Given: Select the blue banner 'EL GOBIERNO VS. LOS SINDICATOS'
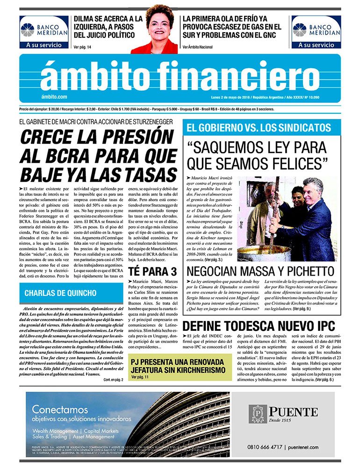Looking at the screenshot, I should tap(259, 128).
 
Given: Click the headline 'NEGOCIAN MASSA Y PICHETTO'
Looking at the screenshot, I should tap(260, 271).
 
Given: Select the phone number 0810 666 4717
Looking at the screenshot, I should tap(265, 447).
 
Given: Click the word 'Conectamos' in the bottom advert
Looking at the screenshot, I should tap(60, 409).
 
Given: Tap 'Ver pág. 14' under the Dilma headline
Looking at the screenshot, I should tap(83, 47).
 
